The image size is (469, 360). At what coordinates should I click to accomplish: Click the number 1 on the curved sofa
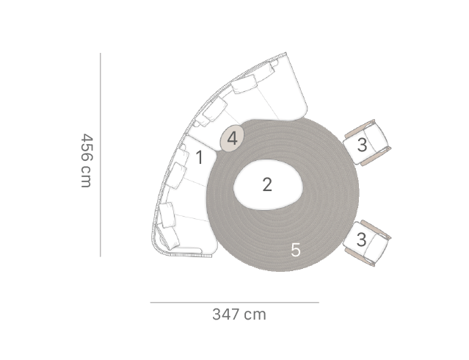pos(200,157)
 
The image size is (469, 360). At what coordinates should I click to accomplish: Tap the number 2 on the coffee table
pos(267,184)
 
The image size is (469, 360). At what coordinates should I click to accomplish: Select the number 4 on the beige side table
pos(233,139)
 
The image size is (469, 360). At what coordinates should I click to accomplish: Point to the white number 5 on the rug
pos(296,250)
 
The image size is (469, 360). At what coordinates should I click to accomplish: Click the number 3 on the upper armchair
pos(362,145)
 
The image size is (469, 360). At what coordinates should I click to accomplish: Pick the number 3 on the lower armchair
pos(361,240)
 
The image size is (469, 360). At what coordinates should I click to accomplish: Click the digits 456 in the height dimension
pos(87,147)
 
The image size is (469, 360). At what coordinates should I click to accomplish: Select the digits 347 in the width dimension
pos(226,314)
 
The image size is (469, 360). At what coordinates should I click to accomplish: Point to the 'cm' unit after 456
pos(86,177)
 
